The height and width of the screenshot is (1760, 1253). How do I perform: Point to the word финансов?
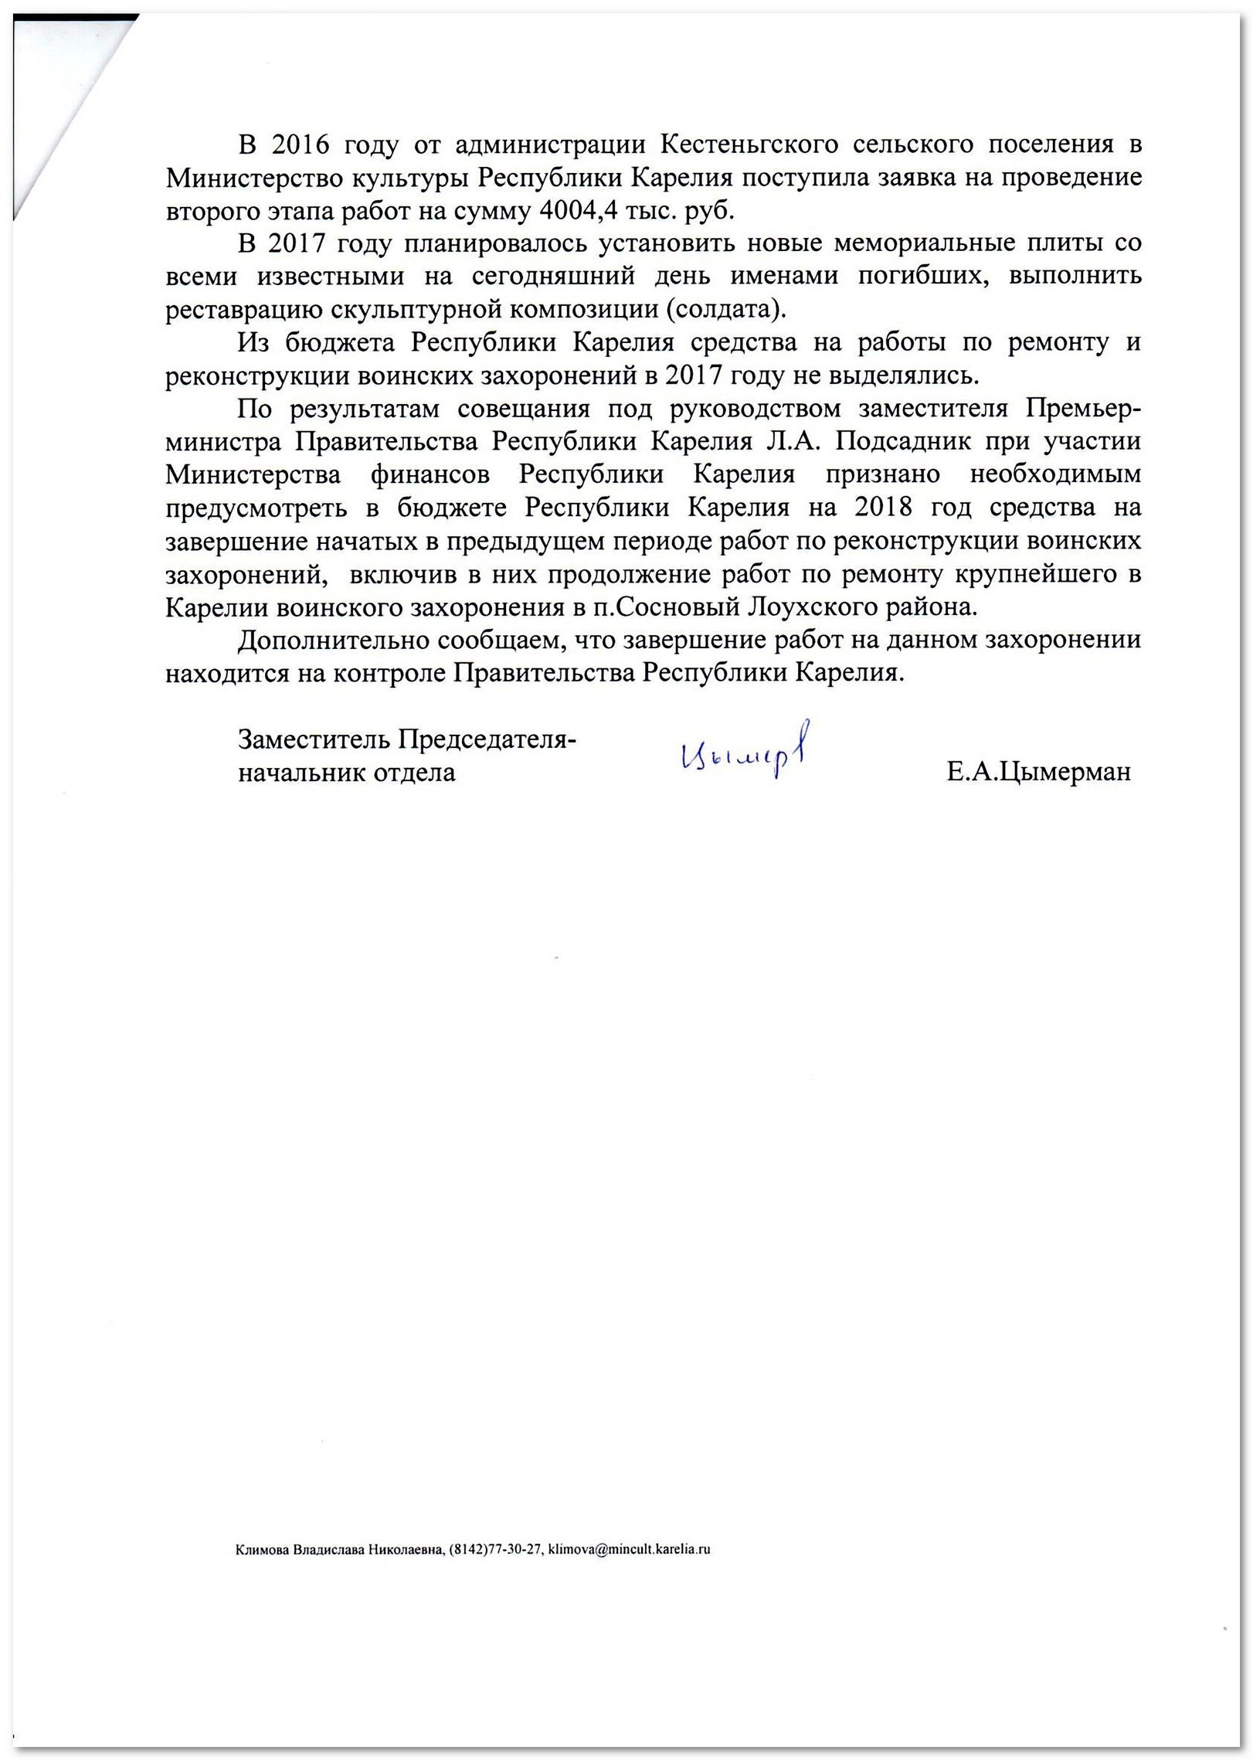coord(430,474)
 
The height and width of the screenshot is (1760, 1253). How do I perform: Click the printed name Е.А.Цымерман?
coord(1038,772)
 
